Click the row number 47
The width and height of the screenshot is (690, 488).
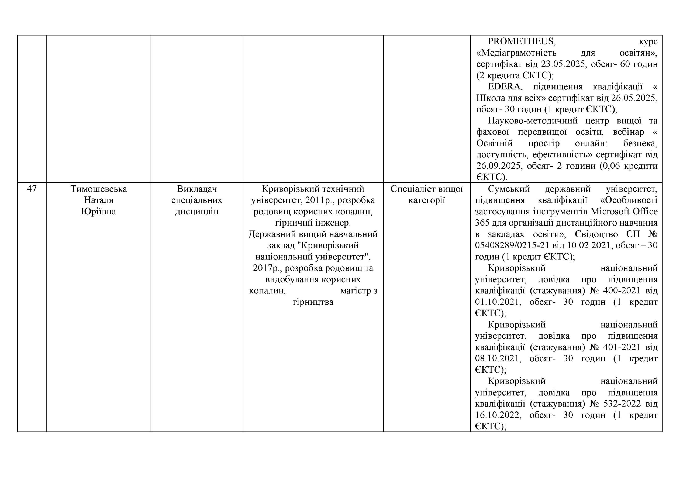pos(32,189)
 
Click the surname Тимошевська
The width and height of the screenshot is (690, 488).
pos(99,189)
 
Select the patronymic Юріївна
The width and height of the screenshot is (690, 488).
pos(99,212)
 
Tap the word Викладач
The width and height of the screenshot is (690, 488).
pos(197,189)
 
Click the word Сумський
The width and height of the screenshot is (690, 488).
pos(509,189)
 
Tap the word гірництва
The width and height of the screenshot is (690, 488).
pos(313,302)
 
